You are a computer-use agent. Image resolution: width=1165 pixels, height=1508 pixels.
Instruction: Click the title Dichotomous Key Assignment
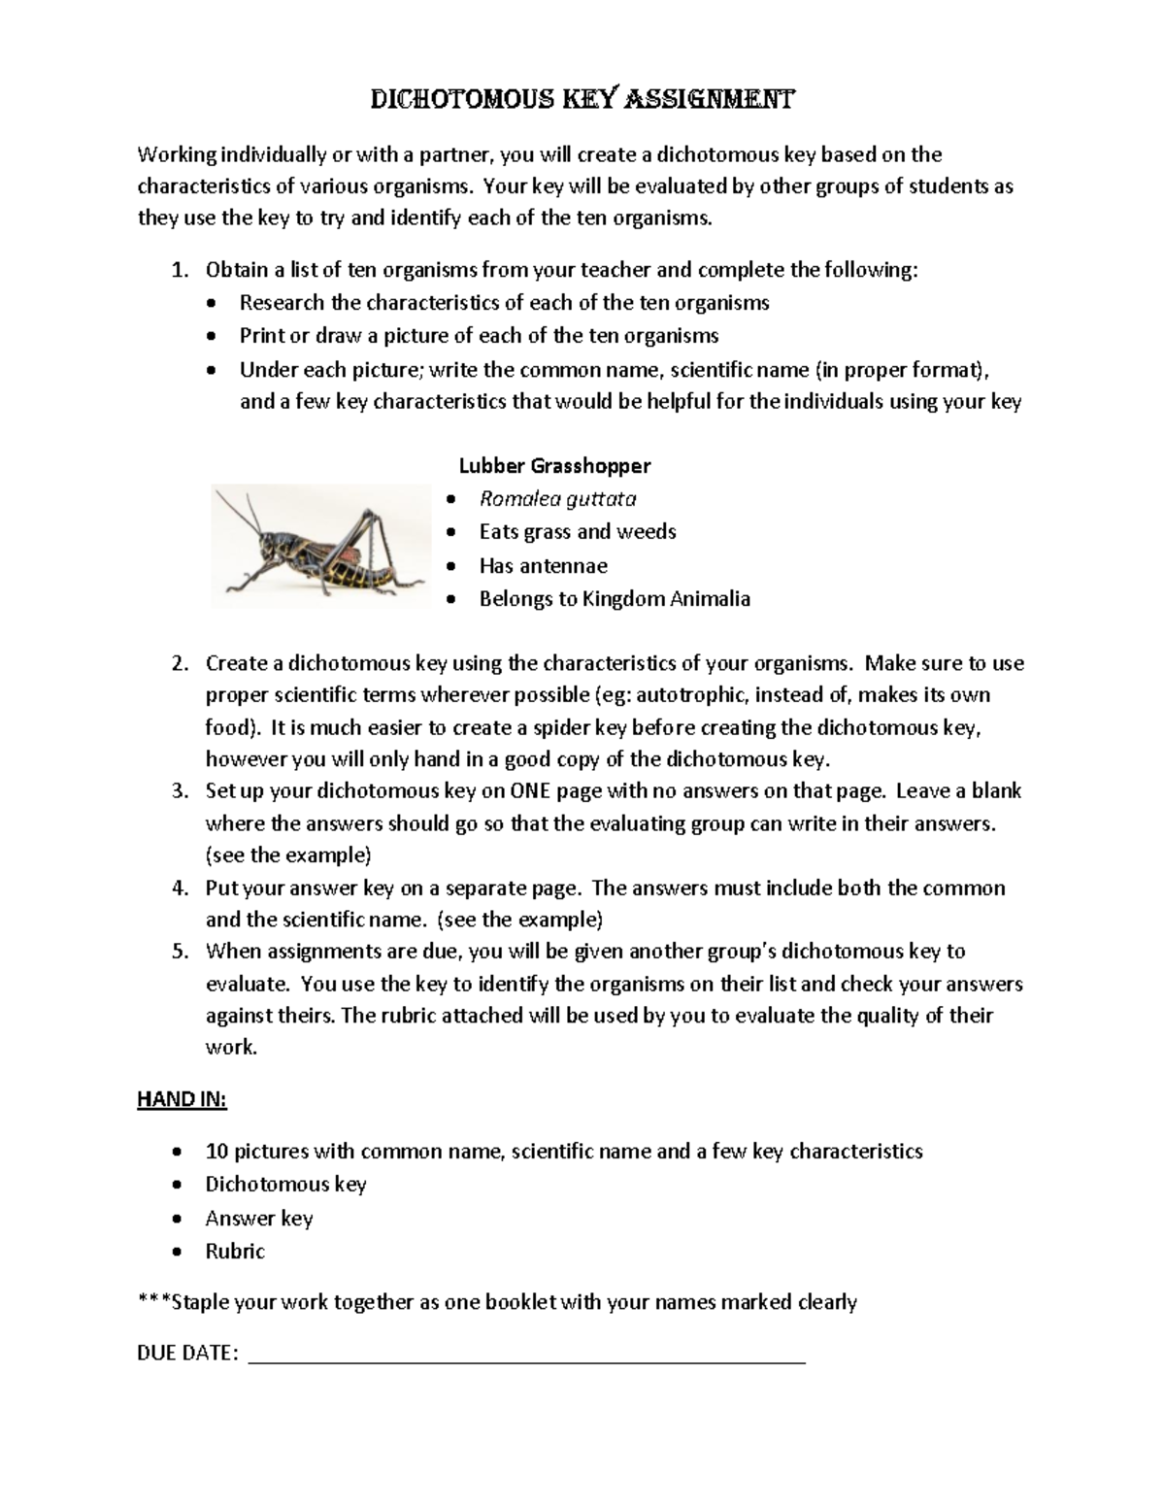pyautogui.click(x=582, y=99)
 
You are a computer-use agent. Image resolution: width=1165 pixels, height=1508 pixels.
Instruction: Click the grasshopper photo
pyautogui.click(x=320, y=546)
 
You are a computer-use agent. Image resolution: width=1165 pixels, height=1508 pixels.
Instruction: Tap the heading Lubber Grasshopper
pyautogui.click(x=554, y=465)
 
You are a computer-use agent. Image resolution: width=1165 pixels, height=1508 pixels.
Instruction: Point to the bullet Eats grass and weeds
pyautogui.click(x=577, y=532)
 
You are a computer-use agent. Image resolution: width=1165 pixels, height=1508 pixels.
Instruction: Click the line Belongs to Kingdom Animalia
pyautogui.click(x=614, y=599)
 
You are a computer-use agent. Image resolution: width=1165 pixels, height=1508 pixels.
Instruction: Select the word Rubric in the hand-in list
pyautogui.click(x=235, y=1252)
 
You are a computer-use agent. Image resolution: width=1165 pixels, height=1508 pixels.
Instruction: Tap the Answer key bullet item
pyautogui.click(x=258, y=1218)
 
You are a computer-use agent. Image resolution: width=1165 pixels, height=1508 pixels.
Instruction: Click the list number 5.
pyautogui.click(x=180, y=952)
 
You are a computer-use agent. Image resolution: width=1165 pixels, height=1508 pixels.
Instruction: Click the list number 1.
pyautogui.click(x=180, y=270)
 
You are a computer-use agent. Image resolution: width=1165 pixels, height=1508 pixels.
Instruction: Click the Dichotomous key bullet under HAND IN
pyautogui.click(x=285, y=1185)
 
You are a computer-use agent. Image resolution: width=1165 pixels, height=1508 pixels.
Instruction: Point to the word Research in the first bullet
pyautogui.click(x=282, y=303)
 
